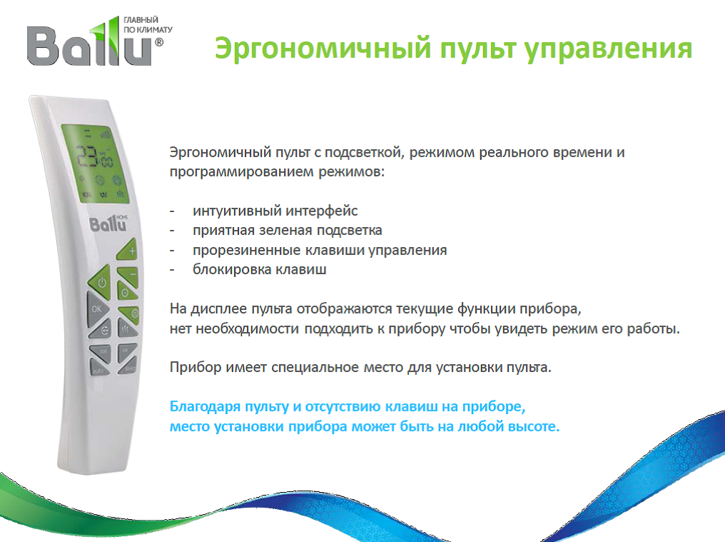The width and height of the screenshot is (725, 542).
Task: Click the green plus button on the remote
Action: pyautogui.click(x=128, y=251)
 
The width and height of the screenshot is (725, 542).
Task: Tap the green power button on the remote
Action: pyautogui.click(x=100, y=281)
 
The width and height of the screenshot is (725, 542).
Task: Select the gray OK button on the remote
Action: pyautogui.click(x=98, y=309)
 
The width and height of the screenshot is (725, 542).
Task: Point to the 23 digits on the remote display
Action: pyautogui.click(x=87, y=156)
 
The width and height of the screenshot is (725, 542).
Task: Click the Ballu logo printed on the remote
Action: pyautogui.click(x=108, y=224)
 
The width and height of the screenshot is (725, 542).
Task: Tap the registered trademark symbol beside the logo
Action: pyautogui.click(x=158, y=42)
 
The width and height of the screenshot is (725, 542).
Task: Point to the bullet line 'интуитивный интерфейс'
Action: pyautogui.click(x=275, y=211)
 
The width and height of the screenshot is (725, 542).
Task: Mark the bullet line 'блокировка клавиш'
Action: pyautogui.click(x=260, y=269)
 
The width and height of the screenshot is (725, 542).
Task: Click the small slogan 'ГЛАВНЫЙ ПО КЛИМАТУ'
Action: pyautogui.click(x=148, y=24)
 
